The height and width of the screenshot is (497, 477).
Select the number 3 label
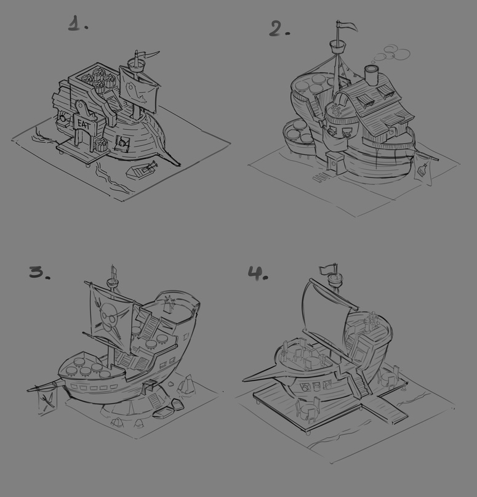39,272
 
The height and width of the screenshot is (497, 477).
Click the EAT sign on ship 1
85,124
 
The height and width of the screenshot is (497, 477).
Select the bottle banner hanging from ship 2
423,171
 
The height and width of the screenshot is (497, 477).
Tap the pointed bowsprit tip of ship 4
243,380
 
